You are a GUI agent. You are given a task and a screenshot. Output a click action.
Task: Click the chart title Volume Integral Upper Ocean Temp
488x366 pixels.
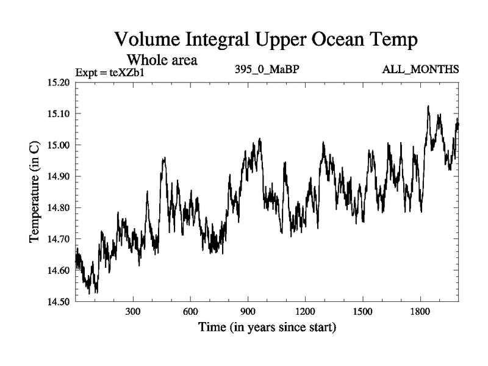(x=266, y=40)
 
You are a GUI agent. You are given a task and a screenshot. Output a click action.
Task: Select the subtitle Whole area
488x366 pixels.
(x=162, y=60)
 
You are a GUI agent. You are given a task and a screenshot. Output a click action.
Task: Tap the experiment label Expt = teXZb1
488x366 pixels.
(x=110, y=73)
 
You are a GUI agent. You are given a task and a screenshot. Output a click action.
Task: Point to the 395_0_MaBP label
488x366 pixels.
(x=267, y=70)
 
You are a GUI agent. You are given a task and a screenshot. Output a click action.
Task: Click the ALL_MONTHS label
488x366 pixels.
(x=420, y=70)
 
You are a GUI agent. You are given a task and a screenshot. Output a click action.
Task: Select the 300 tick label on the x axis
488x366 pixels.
(x=133, y=312)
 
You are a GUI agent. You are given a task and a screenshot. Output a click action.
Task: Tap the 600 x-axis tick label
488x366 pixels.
(x=190, y=312)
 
